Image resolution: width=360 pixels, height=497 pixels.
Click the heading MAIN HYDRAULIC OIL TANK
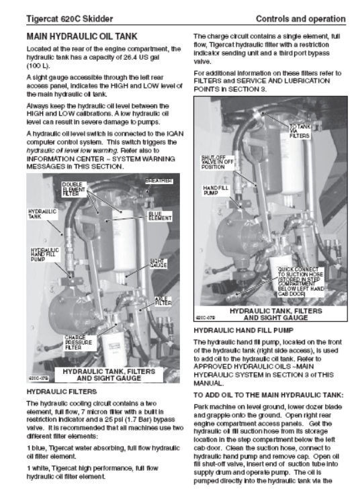click(x=82, y=36)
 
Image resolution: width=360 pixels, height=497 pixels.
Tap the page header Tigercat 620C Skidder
click(x=70, y=19)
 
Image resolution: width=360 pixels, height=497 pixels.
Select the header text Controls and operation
click(x=300, y=19)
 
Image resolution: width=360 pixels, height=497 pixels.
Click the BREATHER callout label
click(x=159, y=181)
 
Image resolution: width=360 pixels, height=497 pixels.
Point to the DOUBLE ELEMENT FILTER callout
click(x=74, y=189)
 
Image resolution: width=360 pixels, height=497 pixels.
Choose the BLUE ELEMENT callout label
click(x=160, y=216)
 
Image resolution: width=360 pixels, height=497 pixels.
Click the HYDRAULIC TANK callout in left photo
click(x=42, y=214)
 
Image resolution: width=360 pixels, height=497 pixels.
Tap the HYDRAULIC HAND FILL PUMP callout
click(x=45, y=255)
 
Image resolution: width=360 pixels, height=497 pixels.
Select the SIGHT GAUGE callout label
click(x=158, y=263)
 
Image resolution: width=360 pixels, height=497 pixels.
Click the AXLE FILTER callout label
click(x=163, y=301)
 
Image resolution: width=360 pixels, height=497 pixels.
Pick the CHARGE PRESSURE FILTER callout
click(x=79, y=343)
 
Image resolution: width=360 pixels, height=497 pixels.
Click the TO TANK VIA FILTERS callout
click(x=300, y=131)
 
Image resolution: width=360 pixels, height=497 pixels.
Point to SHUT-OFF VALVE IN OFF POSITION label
click(x=218, y=162)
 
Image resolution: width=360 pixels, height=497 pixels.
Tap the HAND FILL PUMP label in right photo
click(x=215, y=190)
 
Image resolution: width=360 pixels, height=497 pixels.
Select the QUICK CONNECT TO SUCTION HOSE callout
click(x=300, y=282)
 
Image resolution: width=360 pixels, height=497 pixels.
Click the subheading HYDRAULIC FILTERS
click(x=62, y=392)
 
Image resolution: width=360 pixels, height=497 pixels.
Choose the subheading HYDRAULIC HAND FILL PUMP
click(x=243, y=330)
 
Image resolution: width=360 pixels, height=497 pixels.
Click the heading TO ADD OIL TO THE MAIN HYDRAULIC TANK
click(x=269, y=395)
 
